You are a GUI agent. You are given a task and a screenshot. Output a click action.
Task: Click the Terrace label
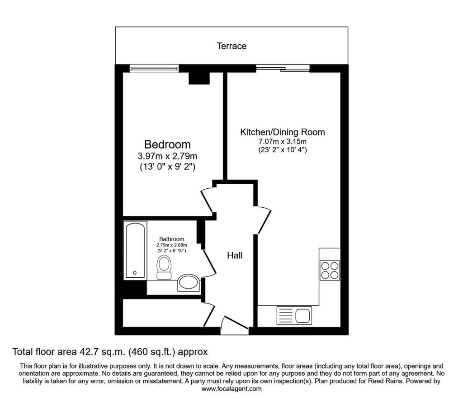tap(231, 46)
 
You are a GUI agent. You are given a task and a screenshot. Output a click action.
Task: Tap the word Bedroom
tap(167, 145)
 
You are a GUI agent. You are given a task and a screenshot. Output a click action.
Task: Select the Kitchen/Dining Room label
tap(283, 132)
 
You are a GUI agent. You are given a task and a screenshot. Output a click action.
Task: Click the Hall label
tap(235, 255)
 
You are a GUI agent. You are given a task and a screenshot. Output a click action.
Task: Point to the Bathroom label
tap(171, 239)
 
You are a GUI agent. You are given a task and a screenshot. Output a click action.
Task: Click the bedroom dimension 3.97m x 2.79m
tap(167, 156)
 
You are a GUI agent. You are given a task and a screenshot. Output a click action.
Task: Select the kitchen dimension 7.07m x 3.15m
tap(283, 141)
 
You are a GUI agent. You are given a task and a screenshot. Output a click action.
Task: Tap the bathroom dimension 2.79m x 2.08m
tap(171, 245)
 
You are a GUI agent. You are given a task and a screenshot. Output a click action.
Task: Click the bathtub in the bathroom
tap(135, 250)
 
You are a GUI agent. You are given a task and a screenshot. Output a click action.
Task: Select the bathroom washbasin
tap(189, 283)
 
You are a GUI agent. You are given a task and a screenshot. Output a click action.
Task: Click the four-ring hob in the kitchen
tap(330, 270)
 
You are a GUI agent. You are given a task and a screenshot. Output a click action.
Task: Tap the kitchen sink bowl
tap(302, 316)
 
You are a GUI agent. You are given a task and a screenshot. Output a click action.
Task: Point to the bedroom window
tap(155, 68)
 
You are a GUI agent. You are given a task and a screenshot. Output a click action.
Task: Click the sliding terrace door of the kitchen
tap(283, 68)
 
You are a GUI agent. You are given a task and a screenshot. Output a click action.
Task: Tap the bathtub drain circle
tap(135, 273)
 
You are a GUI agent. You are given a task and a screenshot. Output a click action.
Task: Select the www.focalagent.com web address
tap(231, 389)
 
